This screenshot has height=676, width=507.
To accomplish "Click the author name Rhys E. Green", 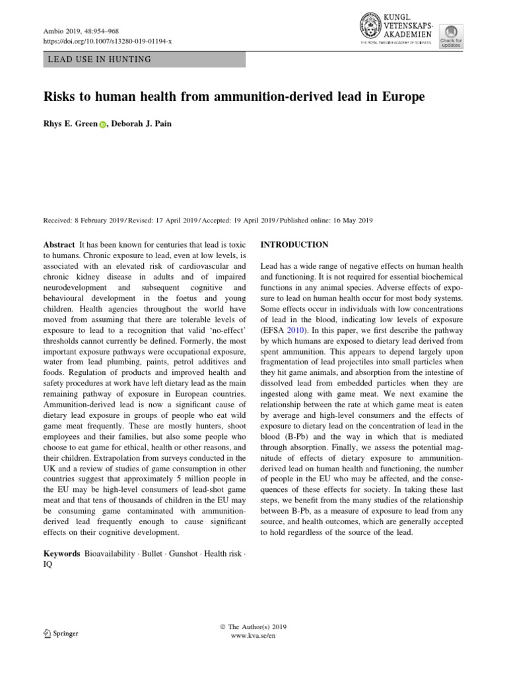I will pyautogui.click(x=70, y=123).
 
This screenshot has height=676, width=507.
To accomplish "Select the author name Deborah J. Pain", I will pyautogui.click(x=140, y=123).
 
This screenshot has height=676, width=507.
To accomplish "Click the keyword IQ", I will pyautogui.click(x=48, y=565).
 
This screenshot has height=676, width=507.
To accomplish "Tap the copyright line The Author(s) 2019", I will pyautogui.click(x=253, y=626).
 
